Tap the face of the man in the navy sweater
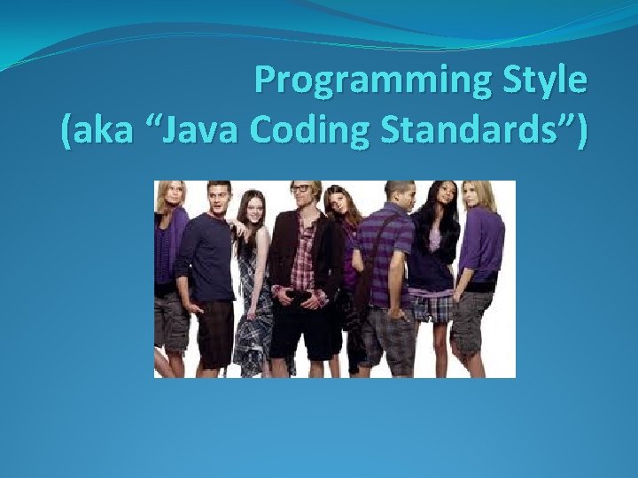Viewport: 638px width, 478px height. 219,198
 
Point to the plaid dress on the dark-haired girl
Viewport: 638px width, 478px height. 254,301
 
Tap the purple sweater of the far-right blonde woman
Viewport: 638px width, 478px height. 484,248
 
